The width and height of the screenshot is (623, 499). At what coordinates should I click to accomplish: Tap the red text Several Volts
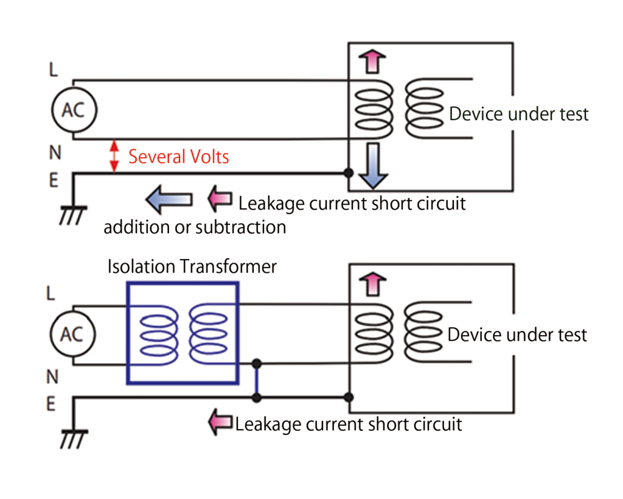pyautogui.click(x=179, y=157)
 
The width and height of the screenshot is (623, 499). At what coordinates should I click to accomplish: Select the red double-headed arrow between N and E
pyautogui.click(x=114, y=157)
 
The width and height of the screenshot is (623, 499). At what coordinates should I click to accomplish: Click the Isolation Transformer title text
pyautogui.click(x=192, y=266)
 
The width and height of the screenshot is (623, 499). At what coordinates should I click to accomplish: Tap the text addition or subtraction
pyautogui.click(x=195, y=227)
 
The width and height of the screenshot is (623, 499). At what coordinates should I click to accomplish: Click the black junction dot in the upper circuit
pyautogui.click(x=349, y=173)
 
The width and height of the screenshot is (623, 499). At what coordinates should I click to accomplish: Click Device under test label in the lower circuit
pyautogui.click(x=517, y=334)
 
